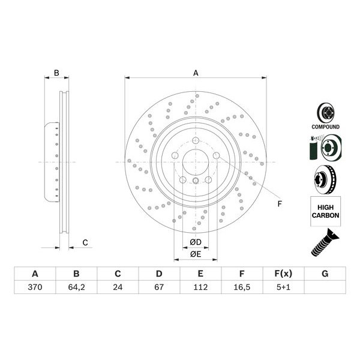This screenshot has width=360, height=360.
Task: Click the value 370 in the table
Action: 35,287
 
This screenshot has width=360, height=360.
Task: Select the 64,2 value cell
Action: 76,287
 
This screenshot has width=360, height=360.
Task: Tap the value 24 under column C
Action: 118,287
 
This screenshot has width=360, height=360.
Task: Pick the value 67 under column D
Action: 159,287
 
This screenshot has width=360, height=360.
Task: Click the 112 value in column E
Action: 200,287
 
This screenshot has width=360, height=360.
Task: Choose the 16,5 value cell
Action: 242,287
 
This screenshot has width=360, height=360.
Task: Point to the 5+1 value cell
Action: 283,287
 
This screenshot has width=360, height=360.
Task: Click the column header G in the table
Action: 325,274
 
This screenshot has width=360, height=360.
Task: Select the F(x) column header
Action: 283,274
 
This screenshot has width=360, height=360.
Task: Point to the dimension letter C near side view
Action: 85,242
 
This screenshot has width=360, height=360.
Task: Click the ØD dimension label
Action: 196,242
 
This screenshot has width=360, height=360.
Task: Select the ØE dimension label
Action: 196,254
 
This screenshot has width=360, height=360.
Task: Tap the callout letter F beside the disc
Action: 279,204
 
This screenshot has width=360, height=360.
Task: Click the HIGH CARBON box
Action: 325,211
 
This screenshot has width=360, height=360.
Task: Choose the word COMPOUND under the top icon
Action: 325,127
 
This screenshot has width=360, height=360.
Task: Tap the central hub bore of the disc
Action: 196,162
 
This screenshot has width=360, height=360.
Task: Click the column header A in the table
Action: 35,274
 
